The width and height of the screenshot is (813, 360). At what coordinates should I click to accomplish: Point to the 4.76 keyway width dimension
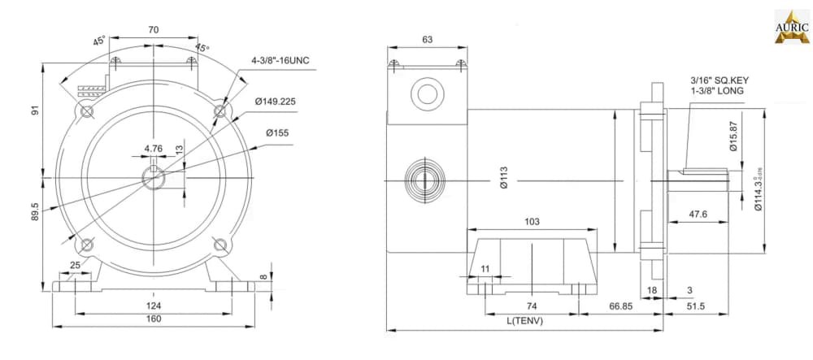coord(154,149)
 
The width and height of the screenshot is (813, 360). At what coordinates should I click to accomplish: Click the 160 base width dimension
coord(154,319)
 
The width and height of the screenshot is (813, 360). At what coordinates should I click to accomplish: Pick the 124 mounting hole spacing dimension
coord(154,305)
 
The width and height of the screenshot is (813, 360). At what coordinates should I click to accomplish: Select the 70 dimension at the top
coord(154,29)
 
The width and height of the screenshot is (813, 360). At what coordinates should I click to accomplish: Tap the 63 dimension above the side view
coord(427,39)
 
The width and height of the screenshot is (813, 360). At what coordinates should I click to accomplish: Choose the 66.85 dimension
coord(621,306)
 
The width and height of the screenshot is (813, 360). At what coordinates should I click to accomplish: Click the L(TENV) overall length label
coord(524,320)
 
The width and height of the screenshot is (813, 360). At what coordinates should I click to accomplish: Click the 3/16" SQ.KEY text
coord(719,80)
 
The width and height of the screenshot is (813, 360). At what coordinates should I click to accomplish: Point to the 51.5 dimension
coord(695,306)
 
